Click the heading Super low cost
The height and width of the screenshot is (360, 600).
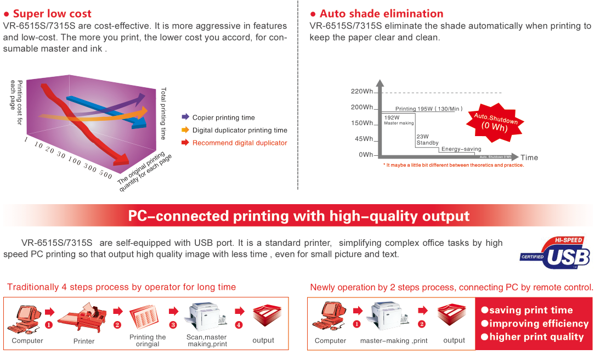pyautogui.click(x=52, y=14)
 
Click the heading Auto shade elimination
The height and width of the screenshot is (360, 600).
pyautogui.click(x=382, y=14)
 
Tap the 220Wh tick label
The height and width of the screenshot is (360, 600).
pyautogui.click(x=361, y=91)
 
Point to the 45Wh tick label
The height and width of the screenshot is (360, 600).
pyautogui.click(x=364, y=139)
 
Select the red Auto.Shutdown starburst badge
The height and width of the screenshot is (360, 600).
pyautogui.click(x=495, y=122)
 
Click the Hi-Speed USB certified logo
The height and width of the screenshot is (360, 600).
pyautogui.click(x=555, y=252)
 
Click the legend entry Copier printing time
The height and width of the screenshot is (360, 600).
pyautogui.click(x=223, y=117)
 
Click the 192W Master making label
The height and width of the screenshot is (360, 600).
pyautogui.click(x=399, y=120)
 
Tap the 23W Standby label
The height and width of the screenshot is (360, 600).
pyautogui.click(x=427, y=140)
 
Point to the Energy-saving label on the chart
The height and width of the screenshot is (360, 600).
pyautogui.click(x=461, y=149)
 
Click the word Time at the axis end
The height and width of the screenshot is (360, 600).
pyautogui.click(x=529, y=157)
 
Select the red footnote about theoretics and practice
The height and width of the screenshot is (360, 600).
pyautogui.click(x=454, y=165)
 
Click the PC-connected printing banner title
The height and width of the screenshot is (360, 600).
pyautogui.click(x=298, y=216)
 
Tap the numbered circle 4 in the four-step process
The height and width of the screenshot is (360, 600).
pyautogui.click(x=239, y=325)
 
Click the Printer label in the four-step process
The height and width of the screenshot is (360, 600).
pyautogui.click(x=84, y=341)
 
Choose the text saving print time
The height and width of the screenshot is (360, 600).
pyautogui.click(x=531, y=310)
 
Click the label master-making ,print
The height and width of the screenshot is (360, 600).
pyautogui.click(x=394, y=340)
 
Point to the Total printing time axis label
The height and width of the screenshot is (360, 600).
pyautogui.click(x=163, y=114)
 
